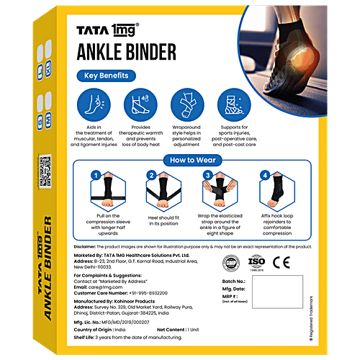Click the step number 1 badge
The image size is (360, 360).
click(94, 175)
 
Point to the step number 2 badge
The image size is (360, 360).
click(152, 175)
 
